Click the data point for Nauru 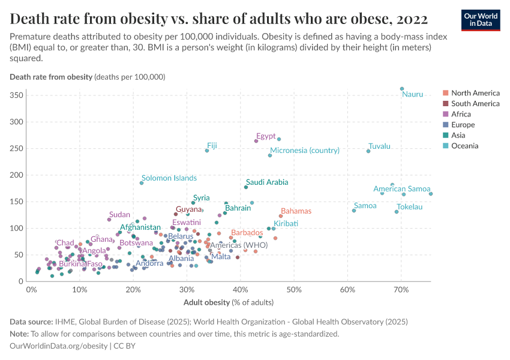click(402, 89)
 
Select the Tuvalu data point click(368, 151)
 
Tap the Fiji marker click(207, 151)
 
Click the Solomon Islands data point click(142, 183)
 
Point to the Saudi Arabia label click(267, 182)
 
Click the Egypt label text click(265, 136)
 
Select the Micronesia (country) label click(305, 151)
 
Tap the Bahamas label click(296, 211)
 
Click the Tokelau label click(410, 207)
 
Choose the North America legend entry click(475, 93)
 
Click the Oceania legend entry click(466, 146)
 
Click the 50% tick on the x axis click(294, 290)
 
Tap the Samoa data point click(354, 211)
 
